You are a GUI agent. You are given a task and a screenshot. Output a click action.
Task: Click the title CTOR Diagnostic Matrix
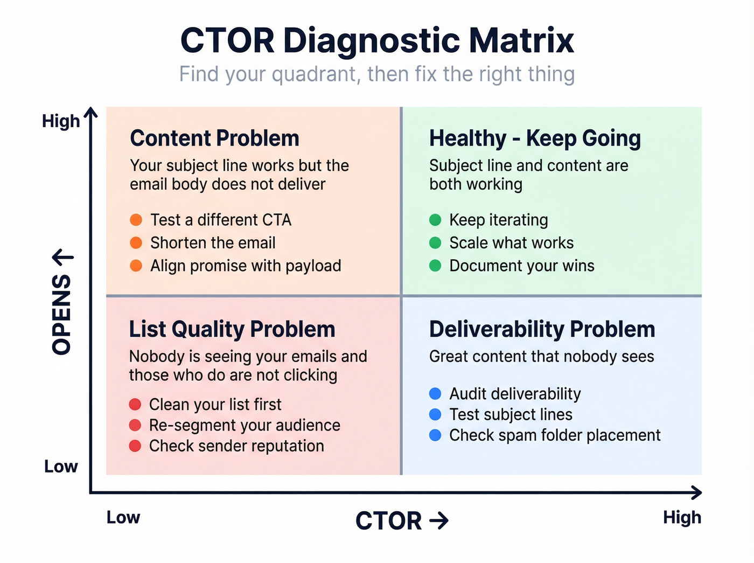click(377, 40)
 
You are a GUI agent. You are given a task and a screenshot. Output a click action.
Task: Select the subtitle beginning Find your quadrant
click(377, 74)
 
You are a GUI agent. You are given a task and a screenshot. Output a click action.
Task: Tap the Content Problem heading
click(214, 138)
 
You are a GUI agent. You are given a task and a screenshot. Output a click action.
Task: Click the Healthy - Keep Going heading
click(535, 138)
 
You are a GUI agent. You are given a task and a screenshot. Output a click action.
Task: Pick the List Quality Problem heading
click(232, 329)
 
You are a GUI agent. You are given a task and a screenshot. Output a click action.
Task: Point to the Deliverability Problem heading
click(542, 329)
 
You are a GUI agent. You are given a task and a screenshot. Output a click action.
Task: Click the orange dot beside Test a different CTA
click(136, 220)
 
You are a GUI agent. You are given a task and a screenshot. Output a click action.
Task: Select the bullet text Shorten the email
click(213, 243)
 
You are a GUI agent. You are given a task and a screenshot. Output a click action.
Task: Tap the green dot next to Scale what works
click(435, 243)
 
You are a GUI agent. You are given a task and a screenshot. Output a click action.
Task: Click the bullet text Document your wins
click(522, 266)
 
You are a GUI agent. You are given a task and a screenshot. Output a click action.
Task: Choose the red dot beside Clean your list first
click(135, 404)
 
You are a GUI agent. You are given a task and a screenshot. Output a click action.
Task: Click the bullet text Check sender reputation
click(236, 446)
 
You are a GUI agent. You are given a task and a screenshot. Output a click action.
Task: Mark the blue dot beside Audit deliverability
click(435, 394)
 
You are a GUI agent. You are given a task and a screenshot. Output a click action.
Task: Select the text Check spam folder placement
click(555, 435)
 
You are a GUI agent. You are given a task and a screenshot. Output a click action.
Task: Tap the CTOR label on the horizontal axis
click(389, 521)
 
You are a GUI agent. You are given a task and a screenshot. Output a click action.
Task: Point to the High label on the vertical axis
click(61, 121)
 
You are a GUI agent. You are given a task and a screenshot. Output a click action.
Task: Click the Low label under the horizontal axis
click(123, 517)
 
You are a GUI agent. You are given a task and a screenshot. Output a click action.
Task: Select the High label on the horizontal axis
click(682, 517)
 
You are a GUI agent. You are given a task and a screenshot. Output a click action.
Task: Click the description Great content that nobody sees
click(541, 357)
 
